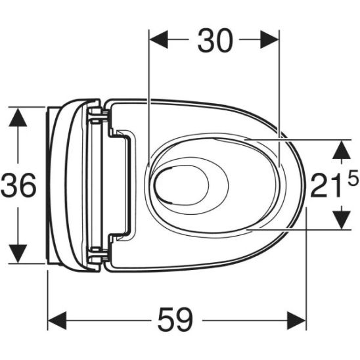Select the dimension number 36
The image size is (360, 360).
point(18,187)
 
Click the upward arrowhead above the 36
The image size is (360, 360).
point(18,118)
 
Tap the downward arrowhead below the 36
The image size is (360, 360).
point(18,252)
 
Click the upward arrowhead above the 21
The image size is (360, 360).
point(340,150)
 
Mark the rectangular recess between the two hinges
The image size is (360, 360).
point(122,184)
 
